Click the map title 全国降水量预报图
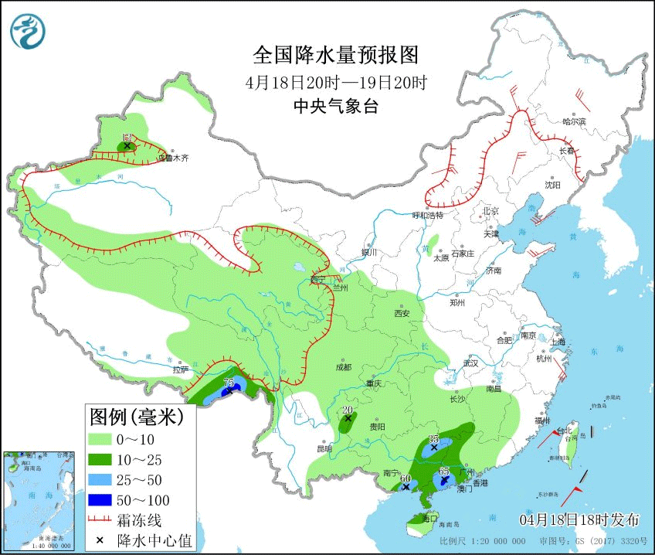pyautogui.click(x=335, y=55)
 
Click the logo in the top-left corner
pyautogui.click(x=28, y=31)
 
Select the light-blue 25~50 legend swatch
pyautogui.click(x=100, y=480)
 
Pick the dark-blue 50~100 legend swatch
pyautogui.click(x=100, y=500)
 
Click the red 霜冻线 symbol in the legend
pyautogui.click(x=100, y=519)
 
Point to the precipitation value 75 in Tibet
pyautogui.click(x=229, y=383)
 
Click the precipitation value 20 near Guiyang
pyautogui.click(x=348, y=410)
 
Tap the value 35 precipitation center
pyautogui.click(x=434, y=438)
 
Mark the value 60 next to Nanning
pyautogui.click(x=406, y=478)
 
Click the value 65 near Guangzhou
pyautogui.click(x=444, y=471)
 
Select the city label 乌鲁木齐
pyautogui.click(x=174, y=158)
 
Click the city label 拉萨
pyautogui.click(x=180, y=369)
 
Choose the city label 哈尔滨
pyautogui.click(x=574, y=121)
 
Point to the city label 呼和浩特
pyautogui.click(x=427, y=215)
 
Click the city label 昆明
pyautogui.click(x=324, y=448)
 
